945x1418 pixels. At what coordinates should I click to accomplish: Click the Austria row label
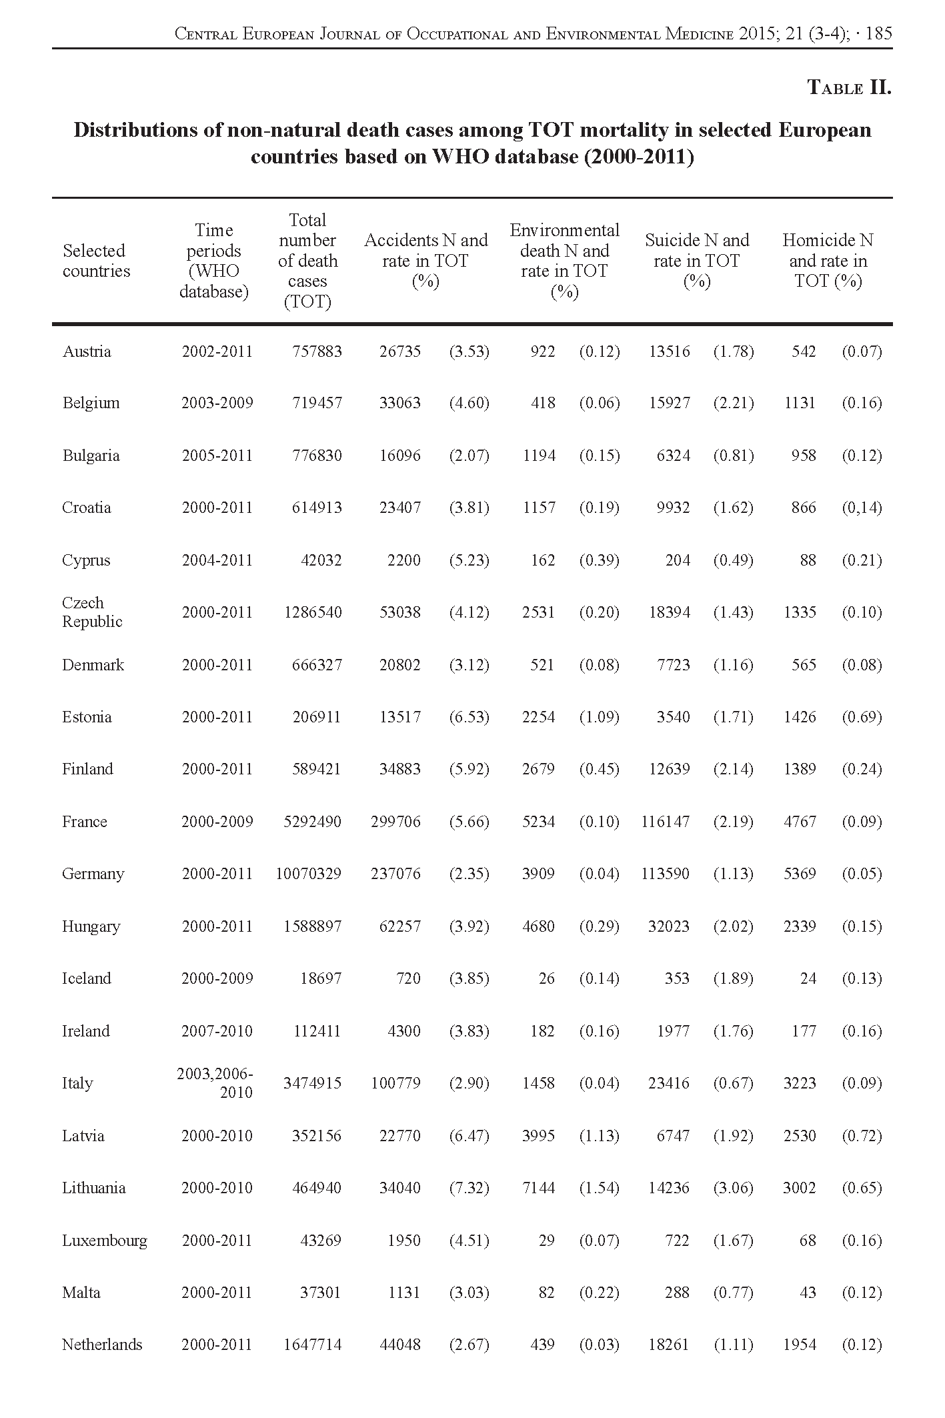click(x=87, y=351)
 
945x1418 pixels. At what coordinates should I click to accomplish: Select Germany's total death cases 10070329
click(x=308, y=874)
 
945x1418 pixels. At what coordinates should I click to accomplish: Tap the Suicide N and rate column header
click(x=697, y=260)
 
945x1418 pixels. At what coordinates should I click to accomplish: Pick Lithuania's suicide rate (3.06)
click(x=733, y=1188)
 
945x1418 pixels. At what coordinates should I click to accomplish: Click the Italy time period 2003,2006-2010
click(x=216, y=1083)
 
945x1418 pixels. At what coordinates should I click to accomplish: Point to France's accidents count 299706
click(x=395, y=822)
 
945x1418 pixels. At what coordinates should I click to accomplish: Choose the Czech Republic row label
click(x=92, y=612)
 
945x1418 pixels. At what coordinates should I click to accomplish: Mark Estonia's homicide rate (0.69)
click(x=862, y=717)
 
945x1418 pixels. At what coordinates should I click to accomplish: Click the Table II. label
click(x=849, y=87)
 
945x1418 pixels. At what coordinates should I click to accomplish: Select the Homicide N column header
click(x=828, y=260)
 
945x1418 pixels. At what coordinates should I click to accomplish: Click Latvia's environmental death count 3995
click(x=538, y=1136)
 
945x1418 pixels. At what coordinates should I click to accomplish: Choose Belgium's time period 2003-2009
click(x=217, y=403)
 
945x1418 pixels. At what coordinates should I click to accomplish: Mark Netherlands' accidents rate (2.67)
click(x=469, y=1345)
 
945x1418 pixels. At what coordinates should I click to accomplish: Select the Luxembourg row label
click(x=105, y=1241)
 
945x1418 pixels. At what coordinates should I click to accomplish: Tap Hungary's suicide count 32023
click(x=668, y=926)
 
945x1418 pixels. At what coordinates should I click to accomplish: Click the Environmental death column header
click(x=564, y=260)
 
